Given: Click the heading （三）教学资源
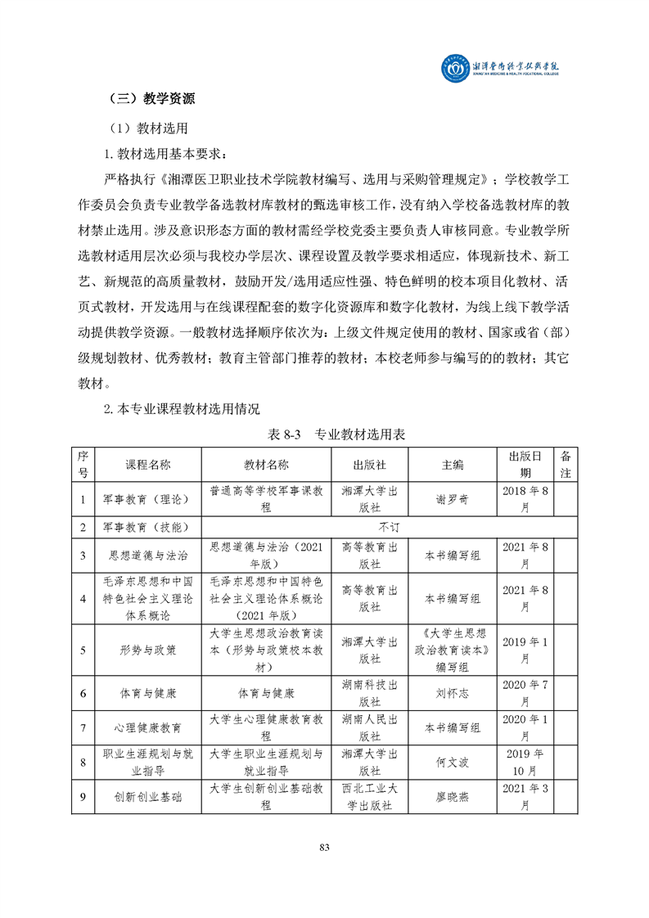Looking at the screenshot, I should point(151,99).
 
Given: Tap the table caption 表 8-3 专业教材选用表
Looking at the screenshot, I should point(325,434).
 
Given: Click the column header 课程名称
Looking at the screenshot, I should point(148,464).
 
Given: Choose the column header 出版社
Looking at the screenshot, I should point(369,464).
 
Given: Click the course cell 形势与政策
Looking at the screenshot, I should point(148,650).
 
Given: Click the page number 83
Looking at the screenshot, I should point(324,848).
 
